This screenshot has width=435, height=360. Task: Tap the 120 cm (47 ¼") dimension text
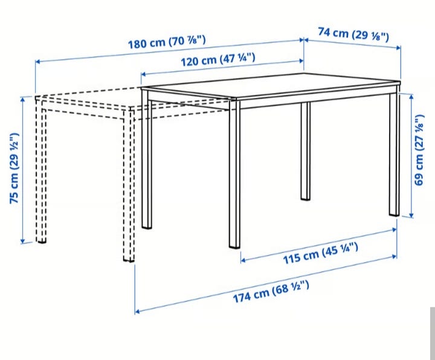(x=217, y=60)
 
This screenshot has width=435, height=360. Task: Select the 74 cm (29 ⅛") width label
(x=353, y=34)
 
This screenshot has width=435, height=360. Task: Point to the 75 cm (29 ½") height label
(x=14, y=169)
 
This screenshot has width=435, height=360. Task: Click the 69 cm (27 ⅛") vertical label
(x=419, y=150)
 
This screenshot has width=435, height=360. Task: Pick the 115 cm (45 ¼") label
(x=320, y=253)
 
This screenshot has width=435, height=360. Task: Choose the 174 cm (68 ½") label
(x=271, y=292)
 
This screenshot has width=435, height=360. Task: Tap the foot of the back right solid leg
(x=394, y=214)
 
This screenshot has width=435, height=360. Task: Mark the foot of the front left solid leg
(x=147, y=227)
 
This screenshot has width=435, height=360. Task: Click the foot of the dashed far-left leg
(x=41, y=241)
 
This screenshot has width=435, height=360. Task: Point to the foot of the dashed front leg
(x=129, y=260)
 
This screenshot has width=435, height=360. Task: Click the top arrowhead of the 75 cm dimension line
(x=23, y=98)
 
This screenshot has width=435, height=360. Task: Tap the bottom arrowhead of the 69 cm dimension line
(x=411, y=215)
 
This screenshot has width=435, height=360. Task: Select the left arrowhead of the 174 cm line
(x=137, y=312)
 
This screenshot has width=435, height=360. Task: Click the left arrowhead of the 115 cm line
(x=243, y=260)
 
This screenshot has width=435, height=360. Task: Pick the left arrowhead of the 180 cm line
(x=38, y=61)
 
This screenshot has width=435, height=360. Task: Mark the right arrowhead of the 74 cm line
(x=398, y=48)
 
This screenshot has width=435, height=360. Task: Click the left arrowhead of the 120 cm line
(x=143, y=74)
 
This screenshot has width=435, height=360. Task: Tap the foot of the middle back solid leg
(x=306, y=198)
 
